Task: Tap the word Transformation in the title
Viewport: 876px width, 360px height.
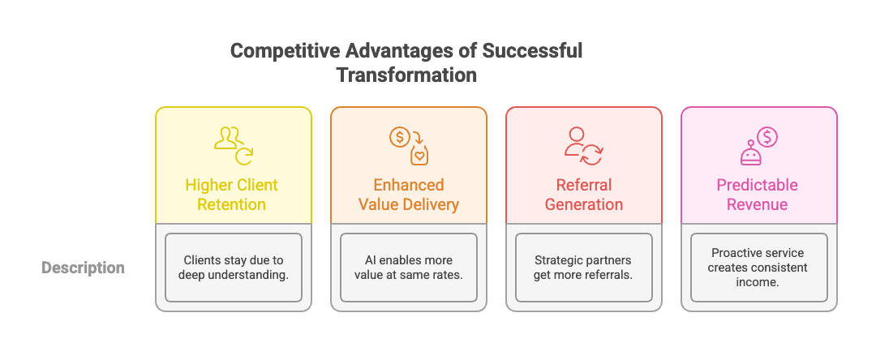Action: pyautogui.click(x=406, y=75)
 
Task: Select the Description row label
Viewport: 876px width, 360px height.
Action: pyautogui.click(x=84, y=268)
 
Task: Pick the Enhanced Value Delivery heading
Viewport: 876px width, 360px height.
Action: pyautogui.click(x=409, y=195)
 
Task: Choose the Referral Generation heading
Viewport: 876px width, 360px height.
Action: pyautogui.click(x=584, y=195)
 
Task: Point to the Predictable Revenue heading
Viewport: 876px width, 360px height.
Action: pyautogui.click(x=758, y=195)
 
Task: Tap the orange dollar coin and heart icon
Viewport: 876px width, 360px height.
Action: pyautogui.click(x=409, y=143)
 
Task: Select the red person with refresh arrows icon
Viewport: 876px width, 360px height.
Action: pyautogui.click(x=584, y=144)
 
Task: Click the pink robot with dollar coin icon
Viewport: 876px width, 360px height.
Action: pyautogui.click(x=758, y=144)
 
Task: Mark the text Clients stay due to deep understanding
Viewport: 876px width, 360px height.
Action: pyautogui.click(x=234, y=268)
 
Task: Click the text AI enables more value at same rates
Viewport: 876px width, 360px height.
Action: pyautogui.click(x=409, y=268)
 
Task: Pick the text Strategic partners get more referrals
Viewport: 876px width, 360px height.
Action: pyautogui.click(x=584, y=268)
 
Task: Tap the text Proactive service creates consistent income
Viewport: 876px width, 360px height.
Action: pyautogui.click(x=758, y=268)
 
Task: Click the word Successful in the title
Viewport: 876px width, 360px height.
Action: pyautogui.click(x=532, y=51)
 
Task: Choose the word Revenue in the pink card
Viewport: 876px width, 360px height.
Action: pyautogui.click(x=758, y=204)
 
